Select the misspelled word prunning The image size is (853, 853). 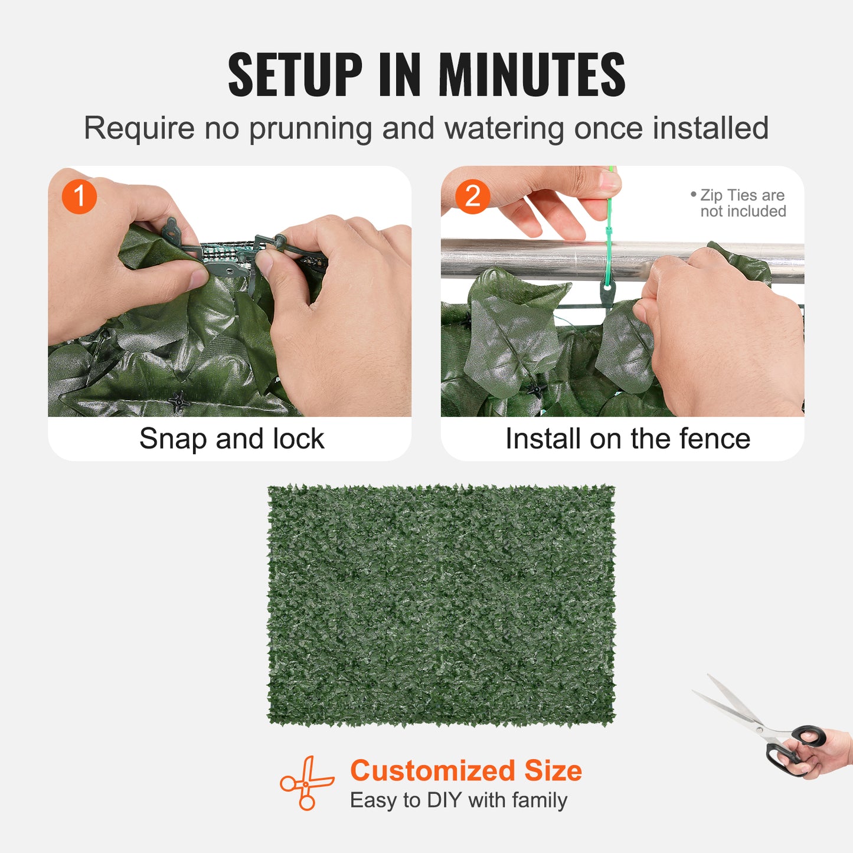(310, 129)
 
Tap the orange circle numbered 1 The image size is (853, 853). (79, 197)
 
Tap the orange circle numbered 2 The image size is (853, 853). (472, 197)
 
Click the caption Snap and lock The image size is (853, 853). (231, 439)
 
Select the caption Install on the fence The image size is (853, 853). (628, 439)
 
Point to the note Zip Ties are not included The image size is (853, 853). (741, 203)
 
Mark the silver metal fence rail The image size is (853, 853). (531, 259)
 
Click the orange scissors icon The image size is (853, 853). (306, 783)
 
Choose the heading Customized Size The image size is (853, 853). (466, 770)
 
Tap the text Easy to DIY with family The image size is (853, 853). (458, 800)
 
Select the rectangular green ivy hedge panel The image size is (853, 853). (441, 605)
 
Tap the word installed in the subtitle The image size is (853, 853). (710, 129)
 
